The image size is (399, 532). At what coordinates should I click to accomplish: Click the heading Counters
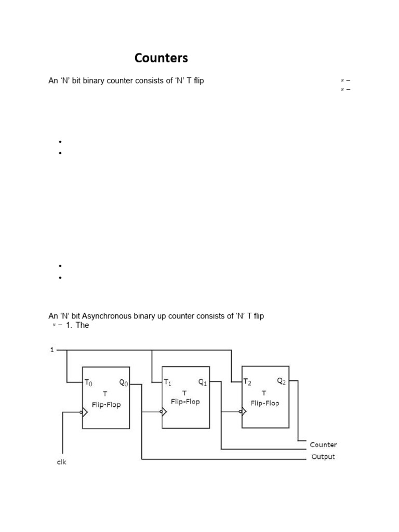click(161, 58)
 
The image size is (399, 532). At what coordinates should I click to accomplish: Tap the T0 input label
click(88, 383)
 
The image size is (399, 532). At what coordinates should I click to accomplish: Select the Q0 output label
click(124, 383)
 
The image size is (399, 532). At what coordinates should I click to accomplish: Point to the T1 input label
click(168, 383)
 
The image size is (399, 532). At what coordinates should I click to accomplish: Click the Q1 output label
click(203, 383)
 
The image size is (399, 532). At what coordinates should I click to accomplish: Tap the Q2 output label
click(282, 381)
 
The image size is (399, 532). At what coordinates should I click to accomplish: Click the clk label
click(62, 462)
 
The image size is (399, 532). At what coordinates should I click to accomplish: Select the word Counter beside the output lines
click(323, 445)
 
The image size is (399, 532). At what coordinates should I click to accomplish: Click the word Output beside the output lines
click(323, 457)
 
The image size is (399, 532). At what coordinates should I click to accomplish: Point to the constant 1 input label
click(51, 350)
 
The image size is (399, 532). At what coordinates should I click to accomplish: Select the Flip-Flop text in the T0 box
click(106, 405)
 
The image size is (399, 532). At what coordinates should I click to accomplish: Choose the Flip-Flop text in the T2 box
click(265, 403)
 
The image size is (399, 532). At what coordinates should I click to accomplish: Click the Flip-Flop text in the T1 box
click(185, 402)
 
